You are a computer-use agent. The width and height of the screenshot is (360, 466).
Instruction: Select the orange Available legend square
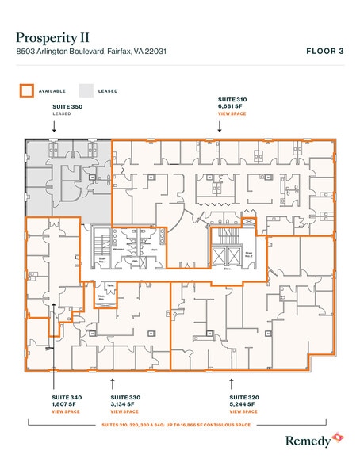pyautogui.click(x=25, y=90)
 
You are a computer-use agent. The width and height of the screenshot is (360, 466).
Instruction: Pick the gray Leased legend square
pyautogui.click(x=86, y=90)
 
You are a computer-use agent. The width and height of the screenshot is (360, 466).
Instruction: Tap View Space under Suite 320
pyautogui.click(x=243, y=412)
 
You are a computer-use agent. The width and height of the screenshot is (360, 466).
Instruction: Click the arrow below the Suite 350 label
pyautogui.click(x=52, y=126)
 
